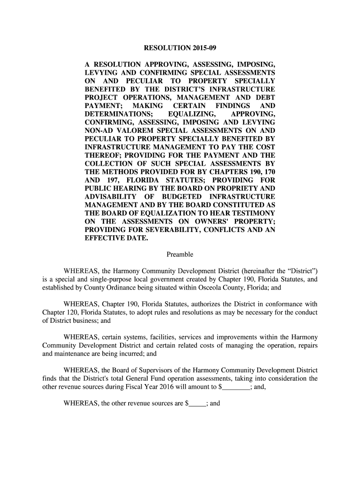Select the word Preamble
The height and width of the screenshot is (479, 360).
[x=180, y=254]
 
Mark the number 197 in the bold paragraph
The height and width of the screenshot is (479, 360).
[x=115, y=180]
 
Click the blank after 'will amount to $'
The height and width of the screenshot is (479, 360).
[x=236, y=387]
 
